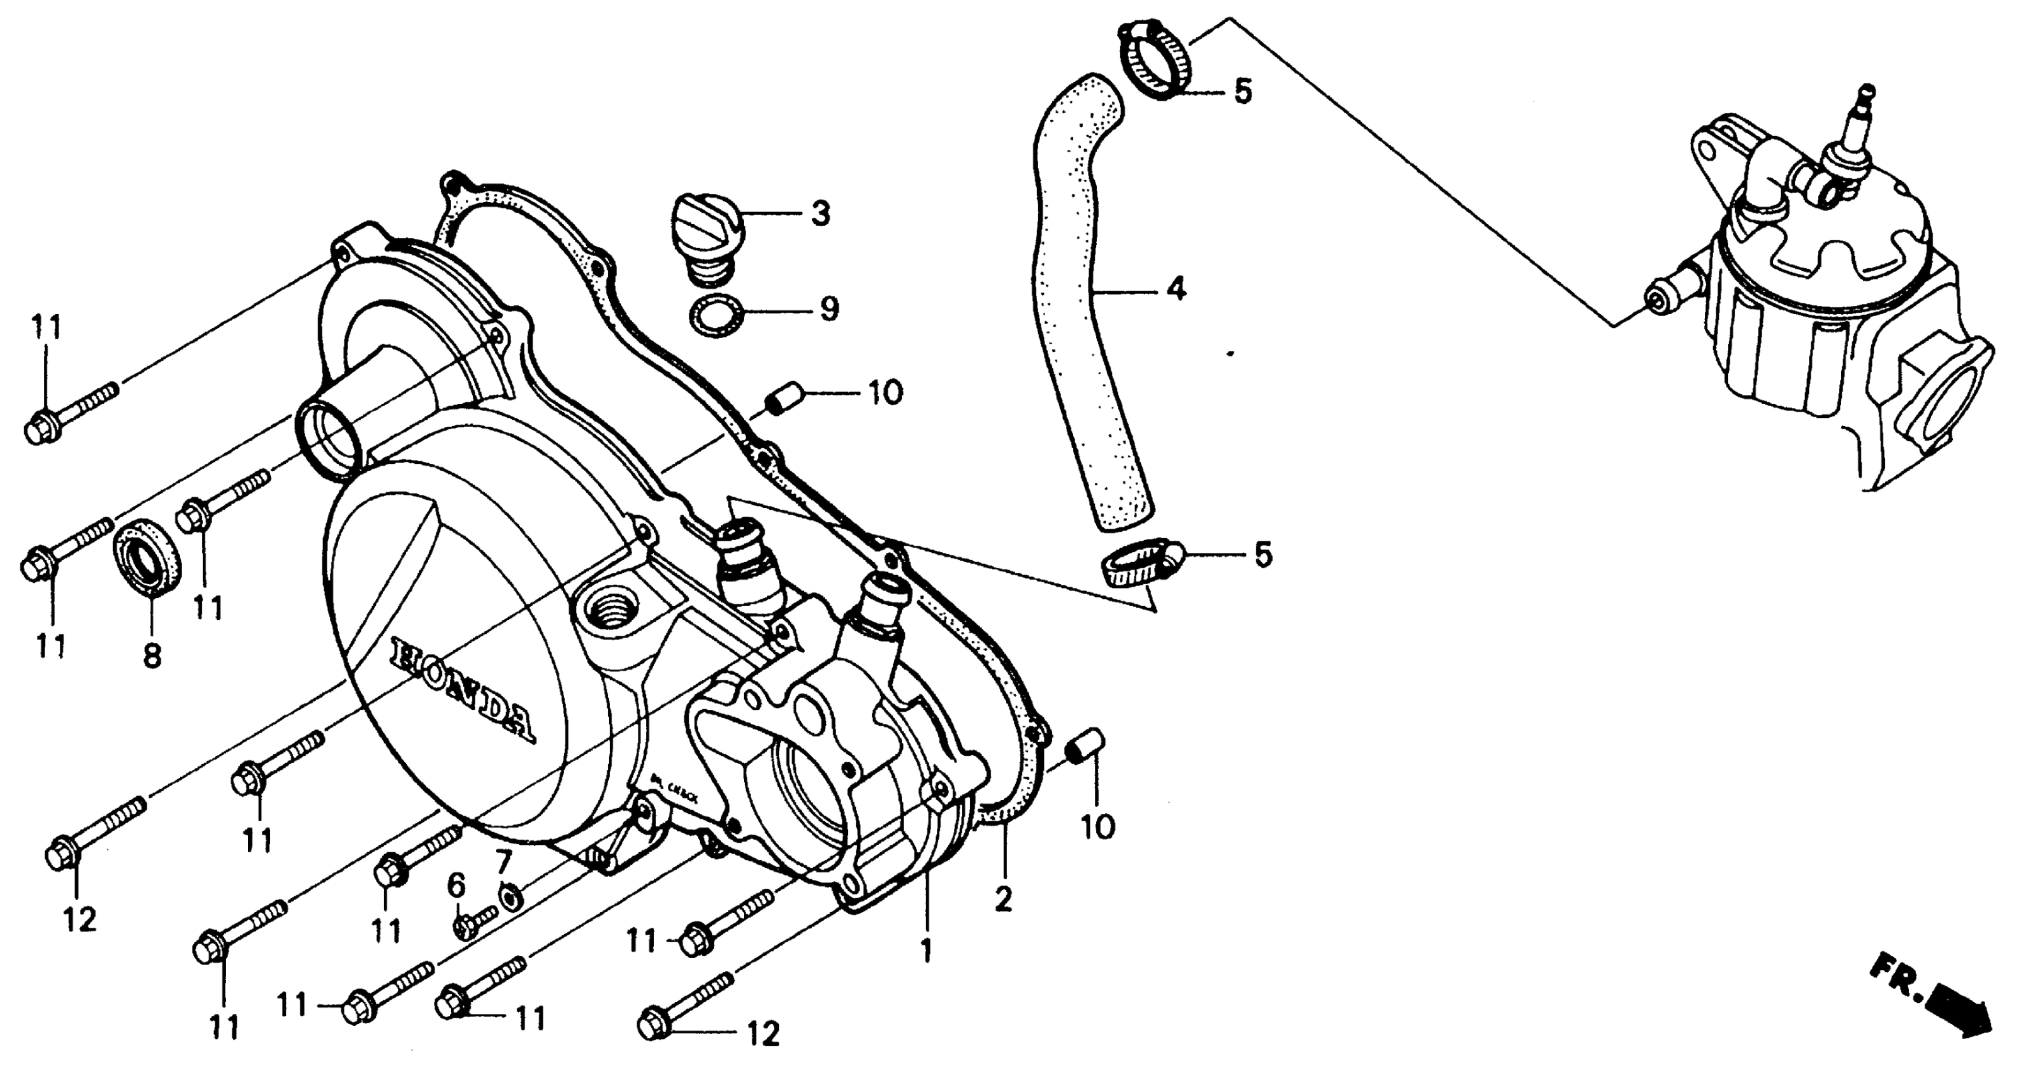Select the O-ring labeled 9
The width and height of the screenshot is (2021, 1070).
click(715, 315)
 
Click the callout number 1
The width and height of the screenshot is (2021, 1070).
click(927, 951)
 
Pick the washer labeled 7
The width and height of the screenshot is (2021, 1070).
click(511, 894)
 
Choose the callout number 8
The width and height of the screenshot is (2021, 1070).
click(152, 656)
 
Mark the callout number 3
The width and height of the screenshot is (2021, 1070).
click(820, 213)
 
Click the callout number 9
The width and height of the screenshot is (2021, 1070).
click(829, 308)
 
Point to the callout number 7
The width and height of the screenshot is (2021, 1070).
click(503, 862)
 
